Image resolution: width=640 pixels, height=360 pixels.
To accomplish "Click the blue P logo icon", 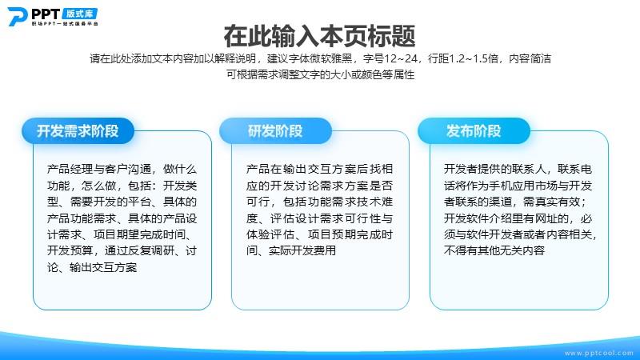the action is click(x=18, y=16).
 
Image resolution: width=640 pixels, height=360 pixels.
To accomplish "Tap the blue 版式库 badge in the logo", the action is click(x=80, y=14).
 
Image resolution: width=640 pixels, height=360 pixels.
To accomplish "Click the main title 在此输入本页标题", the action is click(x=319, y=36).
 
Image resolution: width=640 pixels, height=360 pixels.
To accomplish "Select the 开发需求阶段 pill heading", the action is click(x=78, y=130).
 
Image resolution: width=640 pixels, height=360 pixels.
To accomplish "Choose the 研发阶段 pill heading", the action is click(x=275, y=130).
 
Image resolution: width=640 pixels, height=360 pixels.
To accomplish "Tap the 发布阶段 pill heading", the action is click(x=474, y=130).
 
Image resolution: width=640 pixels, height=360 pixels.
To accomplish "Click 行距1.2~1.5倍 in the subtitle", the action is click(x=463, y=58).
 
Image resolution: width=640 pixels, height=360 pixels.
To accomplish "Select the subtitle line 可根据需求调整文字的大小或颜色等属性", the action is click(x=321, y=74).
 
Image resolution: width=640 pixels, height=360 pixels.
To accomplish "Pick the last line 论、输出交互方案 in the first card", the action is click(x=92, y=267).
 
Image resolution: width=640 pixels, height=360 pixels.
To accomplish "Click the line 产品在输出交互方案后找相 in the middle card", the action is click(x=319, y=169).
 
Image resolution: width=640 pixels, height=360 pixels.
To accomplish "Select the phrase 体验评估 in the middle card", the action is click(x=270, y=234).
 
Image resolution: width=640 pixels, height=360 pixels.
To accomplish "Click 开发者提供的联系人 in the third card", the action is click(x=494, y=169).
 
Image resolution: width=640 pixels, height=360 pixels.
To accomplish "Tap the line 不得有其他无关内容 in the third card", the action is click(x=494, y=250).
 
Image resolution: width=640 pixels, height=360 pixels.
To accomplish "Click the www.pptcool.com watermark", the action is click(x=598, y=353).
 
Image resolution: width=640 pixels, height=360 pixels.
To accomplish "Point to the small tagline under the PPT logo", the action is click(x=65, y=24).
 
